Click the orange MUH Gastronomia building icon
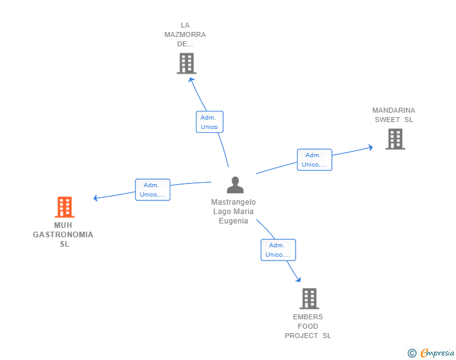(65, 207)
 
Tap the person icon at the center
(235, 185)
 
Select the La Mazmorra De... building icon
(186, 63)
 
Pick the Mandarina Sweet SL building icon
(395, 139)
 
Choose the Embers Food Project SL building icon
(309, 299)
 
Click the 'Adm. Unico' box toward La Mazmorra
(209, 122)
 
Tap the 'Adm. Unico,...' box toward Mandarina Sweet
(314, 160)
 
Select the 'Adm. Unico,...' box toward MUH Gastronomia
(152, 190)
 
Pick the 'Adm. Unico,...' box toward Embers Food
(278, 250)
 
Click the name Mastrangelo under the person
(234, 202)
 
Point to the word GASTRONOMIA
(63, 235)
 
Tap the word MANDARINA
(393, 110)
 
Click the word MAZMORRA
(185, 34)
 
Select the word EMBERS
(308, 317)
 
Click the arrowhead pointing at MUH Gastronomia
(95, 198)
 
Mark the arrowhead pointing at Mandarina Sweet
(370, 148)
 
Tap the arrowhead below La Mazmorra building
(191, 79)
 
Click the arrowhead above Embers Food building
(298, 280)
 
